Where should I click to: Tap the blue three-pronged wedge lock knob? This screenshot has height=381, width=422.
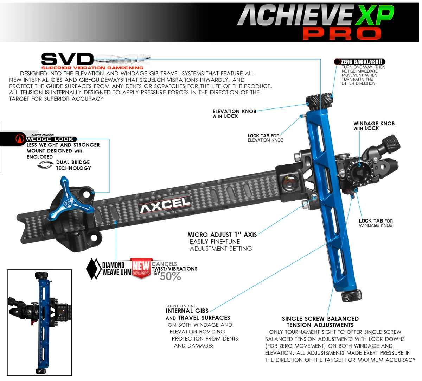[x=75, y=199]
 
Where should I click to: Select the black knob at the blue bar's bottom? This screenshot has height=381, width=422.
[x=351, y=295]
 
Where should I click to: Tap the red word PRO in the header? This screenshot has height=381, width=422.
[x=341, y=33]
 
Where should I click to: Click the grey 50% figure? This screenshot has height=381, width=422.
[x=171, y=276]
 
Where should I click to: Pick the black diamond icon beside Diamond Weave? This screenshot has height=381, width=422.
[x=94, y=269]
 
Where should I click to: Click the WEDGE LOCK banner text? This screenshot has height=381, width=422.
[x=49, y=139]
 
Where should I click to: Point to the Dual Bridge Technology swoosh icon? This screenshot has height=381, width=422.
[x=45, y=164]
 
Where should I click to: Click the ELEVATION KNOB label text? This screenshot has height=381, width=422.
[x=234, y=111]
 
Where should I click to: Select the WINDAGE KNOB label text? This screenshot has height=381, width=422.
[x=374, y=124]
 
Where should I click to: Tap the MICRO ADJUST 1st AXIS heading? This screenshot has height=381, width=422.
[x=222, y=235]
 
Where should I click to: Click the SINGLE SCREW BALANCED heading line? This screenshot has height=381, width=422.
[x=320, y=319]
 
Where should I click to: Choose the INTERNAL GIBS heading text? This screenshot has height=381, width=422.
[x=187, y=311]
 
